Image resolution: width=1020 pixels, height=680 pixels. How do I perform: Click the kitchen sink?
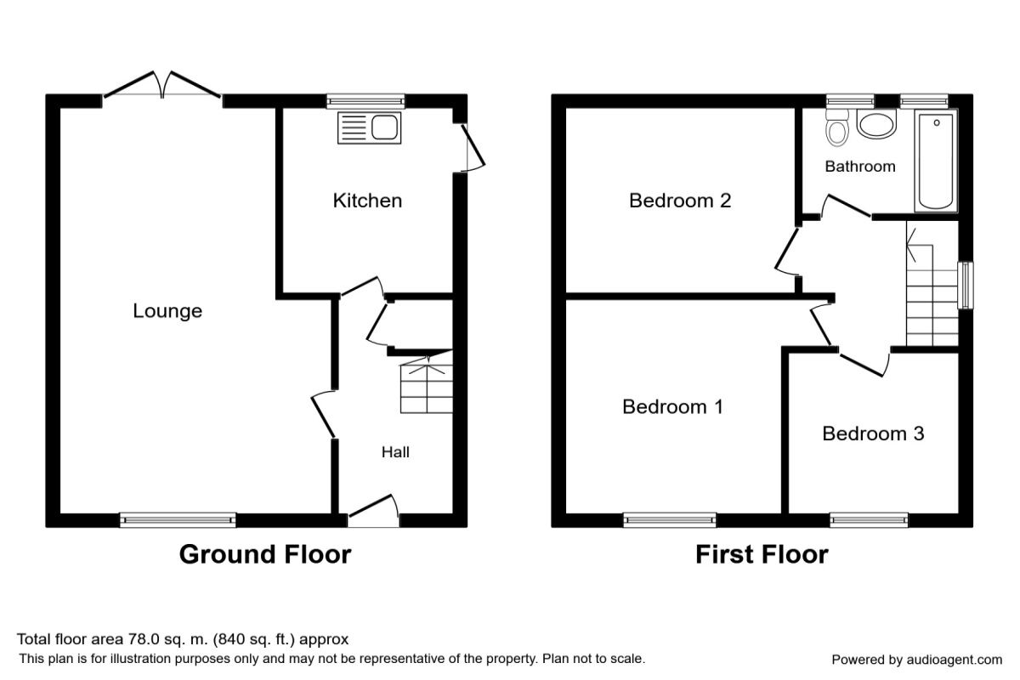coord(369,127)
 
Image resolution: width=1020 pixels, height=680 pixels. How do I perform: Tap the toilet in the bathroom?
coord(837,127)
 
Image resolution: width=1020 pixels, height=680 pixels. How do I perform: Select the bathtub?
coord(936,161)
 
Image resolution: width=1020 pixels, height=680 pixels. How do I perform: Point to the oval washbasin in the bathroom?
coord(876,124)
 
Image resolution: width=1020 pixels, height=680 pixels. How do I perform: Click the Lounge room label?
coord(167,311)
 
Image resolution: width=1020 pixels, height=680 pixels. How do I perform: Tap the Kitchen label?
coord(367,201)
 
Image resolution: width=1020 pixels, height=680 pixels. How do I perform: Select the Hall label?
coord(395,452)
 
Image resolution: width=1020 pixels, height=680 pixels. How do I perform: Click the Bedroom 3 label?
coord(873,433)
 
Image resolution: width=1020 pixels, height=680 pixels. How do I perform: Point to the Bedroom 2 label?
coord(680,201)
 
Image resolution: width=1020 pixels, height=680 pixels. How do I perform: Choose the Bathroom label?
coord(860,167)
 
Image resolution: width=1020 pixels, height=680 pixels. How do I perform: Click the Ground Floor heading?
coord(265,555)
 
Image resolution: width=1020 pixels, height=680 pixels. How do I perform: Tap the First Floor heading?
coord(762,555)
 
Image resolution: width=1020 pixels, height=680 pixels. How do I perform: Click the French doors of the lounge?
coord(162,84)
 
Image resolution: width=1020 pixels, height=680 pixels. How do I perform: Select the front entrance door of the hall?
coord(373,511)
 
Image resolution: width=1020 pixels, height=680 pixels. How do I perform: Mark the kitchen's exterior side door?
coord(473,148)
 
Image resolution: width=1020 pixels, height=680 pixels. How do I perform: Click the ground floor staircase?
coord(427,384)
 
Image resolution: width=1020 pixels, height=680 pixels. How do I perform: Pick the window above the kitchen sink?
coord(365,101)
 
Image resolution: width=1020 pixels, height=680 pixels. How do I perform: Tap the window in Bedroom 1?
coord(670,519)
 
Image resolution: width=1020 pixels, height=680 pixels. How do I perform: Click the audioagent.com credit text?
coord(916,660)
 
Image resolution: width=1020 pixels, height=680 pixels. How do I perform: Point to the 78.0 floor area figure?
coord(144,639)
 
